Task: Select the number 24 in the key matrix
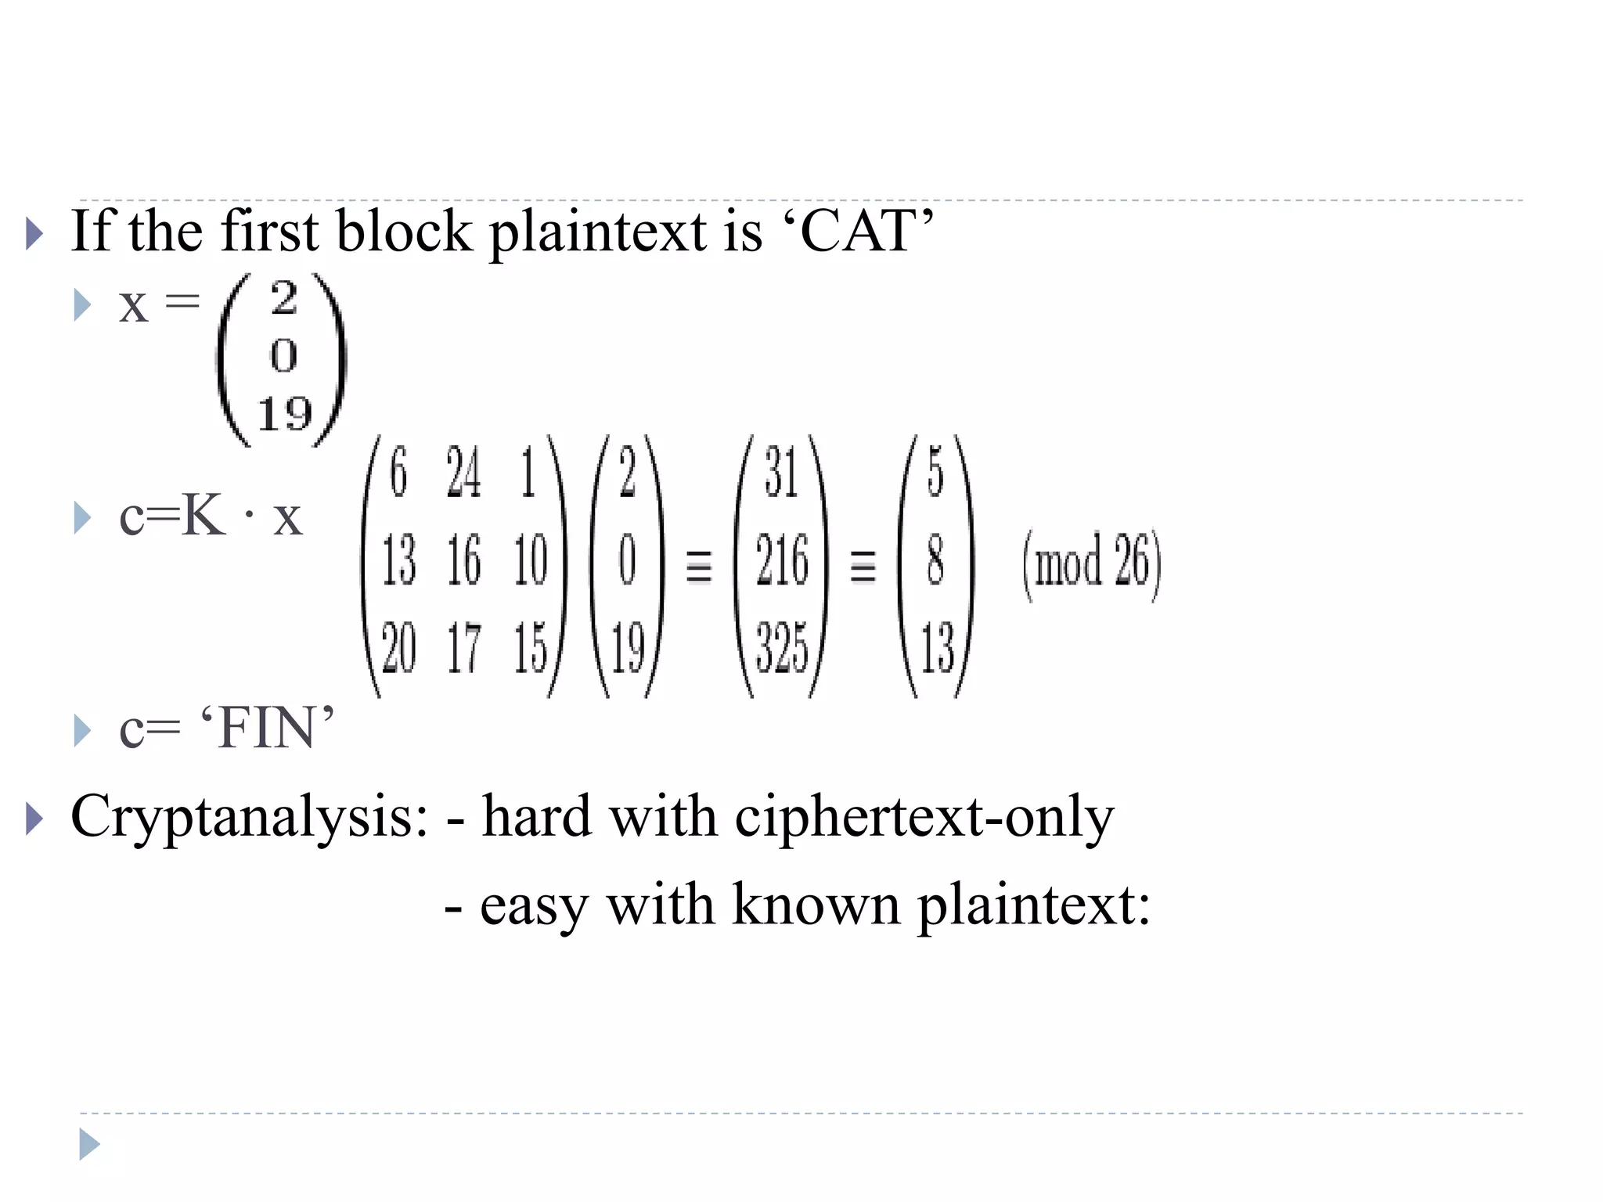coord(463,473)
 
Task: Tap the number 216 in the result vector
coord(781,561)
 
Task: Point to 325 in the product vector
coord(781,649)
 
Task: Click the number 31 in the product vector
coord(781,473)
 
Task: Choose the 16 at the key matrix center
coord(463,561)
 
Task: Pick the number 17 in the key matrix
coord(463,649)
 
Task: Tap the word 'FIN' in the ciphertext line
coord(267,729)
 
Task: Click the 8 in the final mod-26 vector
coord(935,561)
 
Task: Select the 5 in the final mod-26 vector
coord(935,473)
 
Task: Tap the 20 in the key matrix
coord(398,649)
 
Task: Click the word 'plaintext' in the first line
coord(598,233)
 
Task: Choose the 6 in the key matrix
coord(398,473)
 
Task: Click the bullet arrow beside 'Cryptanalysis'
coord(34,819)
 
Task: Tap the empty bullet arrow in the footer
coord(89,1145)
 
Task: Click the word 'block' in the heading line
coord(404,232)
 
